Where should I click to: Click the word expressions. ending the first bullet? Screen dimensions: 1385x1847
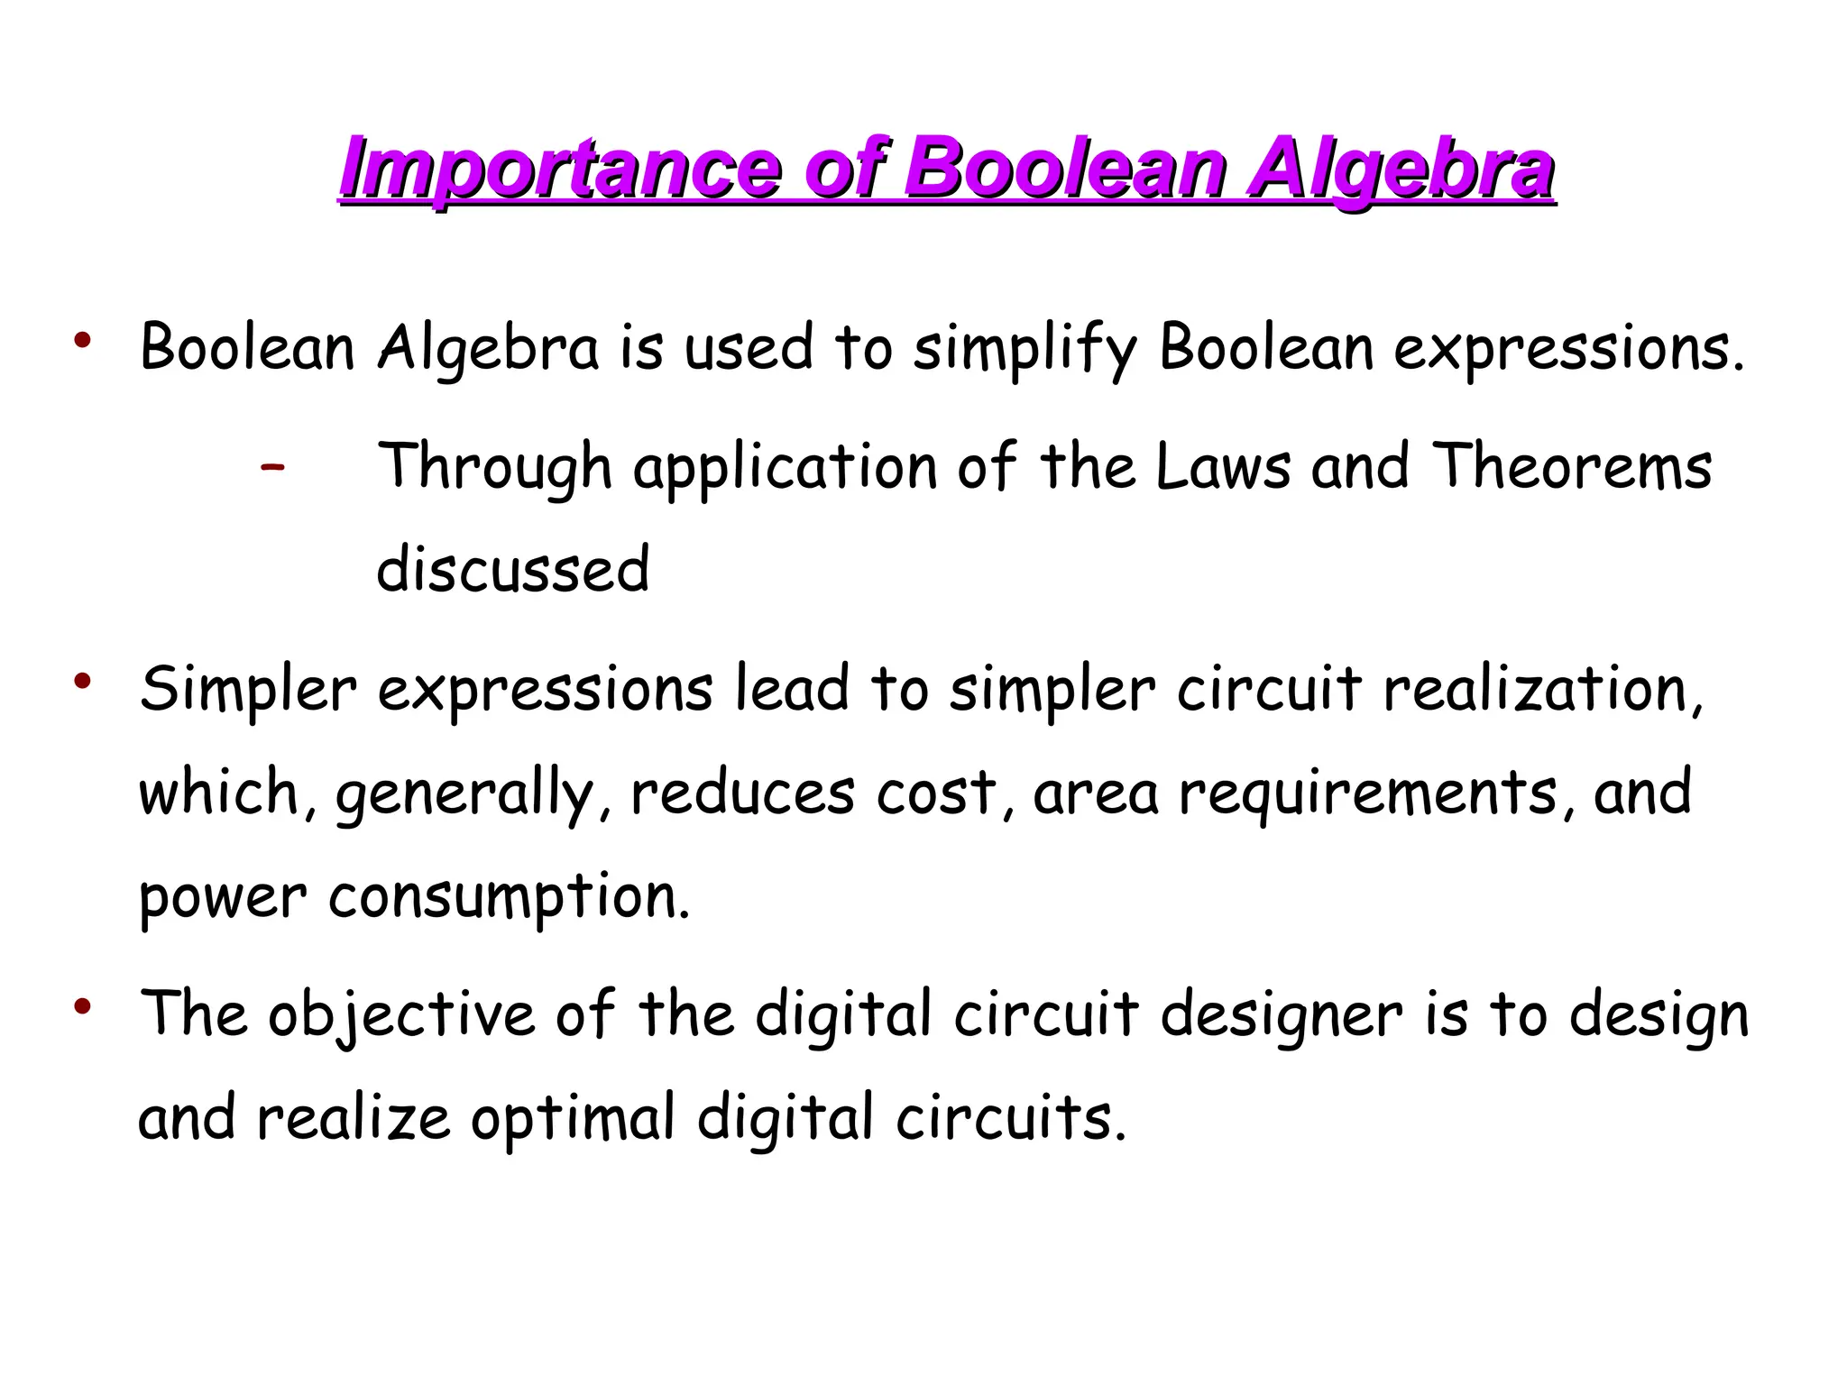pos(1568,349)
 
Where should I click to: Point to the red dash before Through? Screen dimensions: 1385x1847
pos(271,467)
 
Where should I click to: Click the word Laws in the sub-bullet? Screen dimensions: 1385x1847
pos(1223,467)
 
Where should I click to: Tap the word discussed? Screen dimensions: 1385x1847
pos(512,570)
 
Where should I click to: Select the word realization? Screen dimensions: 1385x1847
pos(1543,690)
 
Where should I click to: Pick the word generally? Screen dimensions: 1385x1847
pos(465,793)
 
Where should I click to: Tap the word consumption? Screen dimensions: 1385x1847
pos(510,897)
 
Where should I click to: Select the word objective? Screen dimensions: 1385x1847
pos(401,1014)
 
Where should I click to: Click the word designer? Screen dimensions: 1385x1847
pos(1282,1014)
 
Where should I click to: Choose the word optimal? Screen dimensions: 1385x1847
pos(573,1118)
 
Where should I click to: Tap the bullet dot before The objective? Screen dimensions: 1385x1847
pos(83,1006)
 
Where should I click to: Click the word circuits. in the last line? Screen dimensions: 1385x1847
pos(1011,1118)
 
